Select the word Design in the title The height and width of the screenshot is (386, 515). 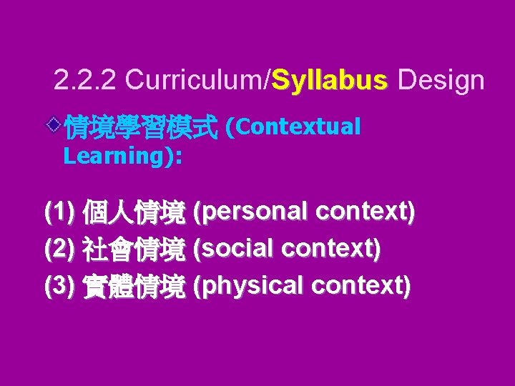[x=441, y=81]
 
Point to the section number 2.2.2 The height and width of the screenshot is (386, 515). [x=85, y=81]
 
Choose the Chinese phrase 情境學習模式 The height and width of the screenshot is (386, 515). [x=140, y=128]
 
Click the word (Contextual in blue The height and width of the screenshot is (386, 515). [x=293, y=127]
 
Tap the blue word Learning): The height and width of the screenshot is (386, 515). [x=122, y=157]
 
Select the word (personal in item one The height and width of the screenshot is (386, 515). [x=251, y=212]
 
